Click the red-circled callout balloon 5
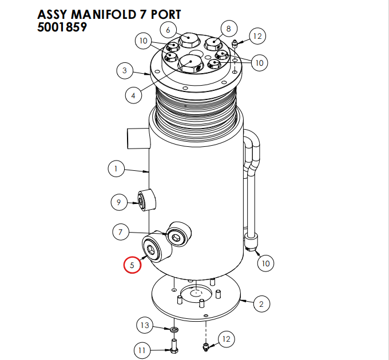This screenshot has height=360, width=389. [x=133, y=265]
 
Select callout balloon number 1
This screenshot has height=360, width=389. [x=116, y=169]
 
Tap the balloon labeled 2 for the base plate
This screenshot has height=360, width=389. [x=261, y=303]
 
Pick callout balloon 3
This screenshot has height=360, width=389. [x=124, y=71]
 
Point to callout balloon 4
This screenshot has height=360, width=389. [x=133, y=95]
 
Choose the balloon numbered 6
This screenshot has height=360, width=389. [x=168, y=29]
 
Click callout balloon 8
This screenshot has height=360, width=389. [x=228, y=28]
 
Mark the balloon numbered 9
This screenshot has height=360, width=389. [x=118, y=201]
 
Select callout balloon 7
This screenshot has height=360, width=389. [x=121, y=232]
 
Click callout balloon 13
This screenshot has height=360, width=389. [x=145, y=326]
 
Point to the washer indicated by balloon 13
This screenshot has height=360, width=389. [x=173, y=330]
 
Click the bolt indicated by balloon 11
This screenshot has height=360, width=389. [x=174, y=345]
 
